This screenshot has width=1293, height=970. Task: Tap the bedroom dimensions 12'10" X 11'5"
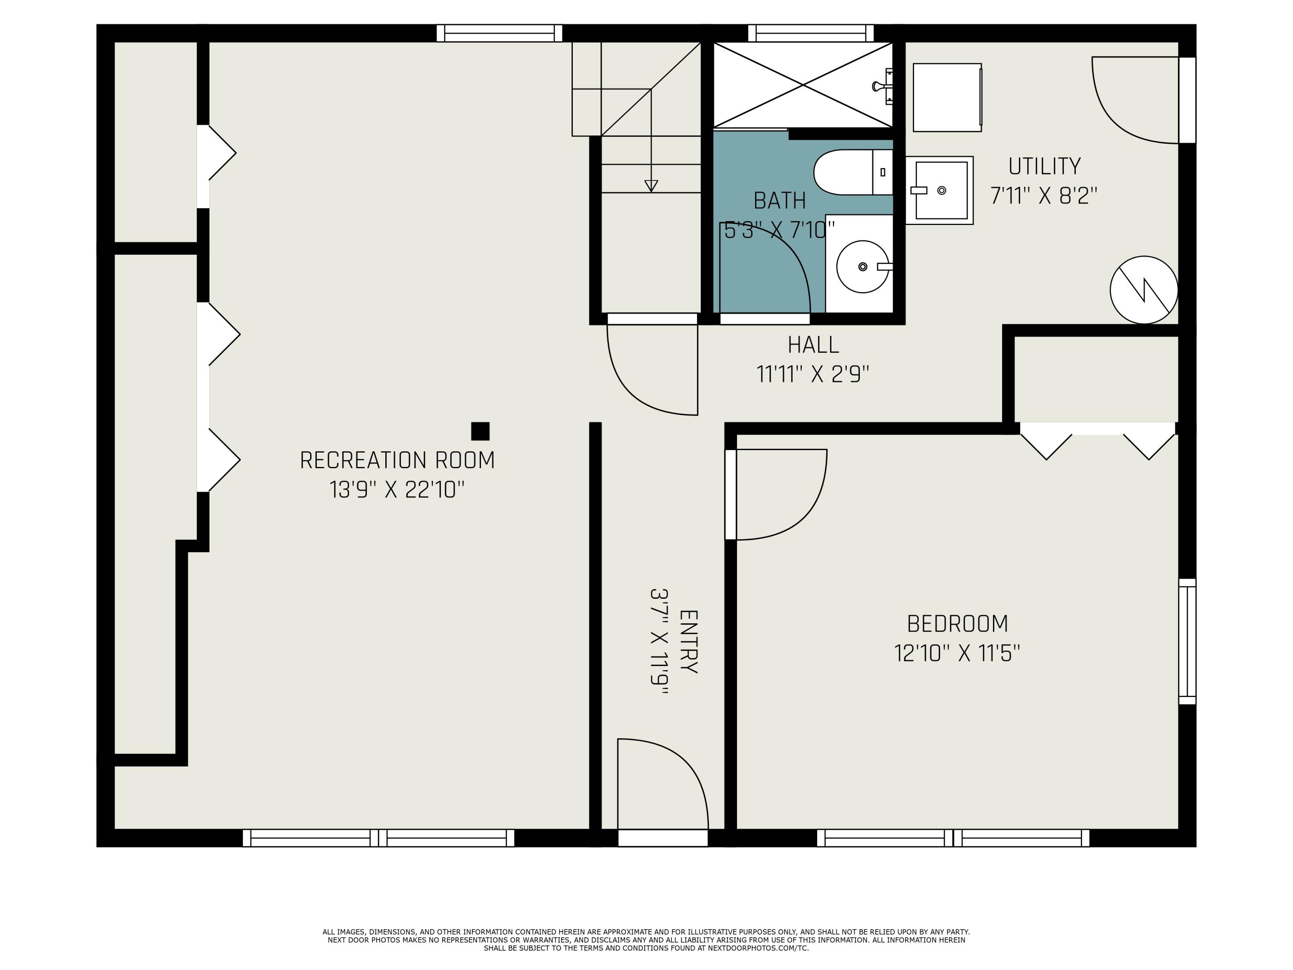point(957,653)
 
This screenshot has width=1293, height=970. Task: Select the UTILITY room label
point(1044,167)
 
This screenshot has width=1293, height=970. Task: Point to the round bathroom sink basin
point(862,266)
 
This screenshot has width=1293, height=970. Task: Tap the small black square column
point(480,432)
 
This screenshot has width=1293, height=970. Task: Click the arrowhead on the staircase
point(650,186)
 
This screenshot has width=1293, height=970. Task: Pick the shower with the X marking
point(803,85)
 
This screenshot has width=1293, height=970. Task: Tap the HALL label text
point(813,345)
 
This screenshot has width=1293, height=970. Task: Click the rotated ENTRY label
point(689,641)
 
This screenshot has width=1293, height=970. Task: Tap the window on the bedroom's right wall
point(1187,641)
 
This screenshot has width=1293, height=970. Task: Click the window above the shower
point(811,33)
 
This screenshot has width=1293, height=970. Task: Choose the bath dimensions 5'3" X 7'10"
point(779,230)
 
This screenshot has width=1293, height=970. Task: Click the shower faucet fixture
point(883,86)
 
